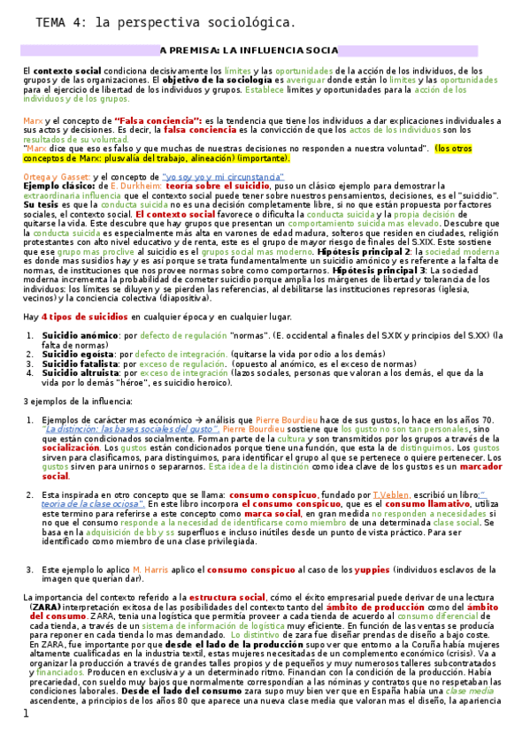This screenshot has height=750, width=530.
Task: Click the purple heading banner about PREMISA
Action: coord(249,50)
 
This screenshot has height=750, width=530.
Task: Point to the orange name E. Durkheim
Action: coord(137,187)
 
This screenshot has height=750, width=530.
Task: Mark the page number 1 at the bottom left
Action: coord(26,737)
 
